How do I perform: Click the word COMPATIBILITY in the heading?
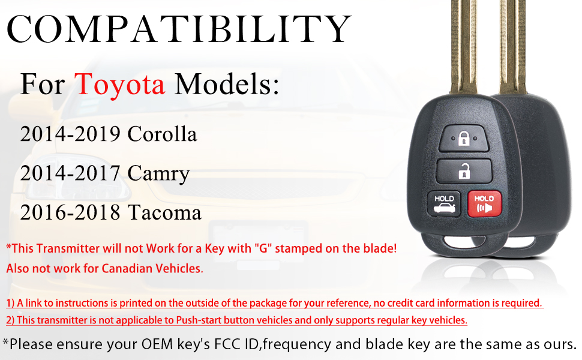(179, 29)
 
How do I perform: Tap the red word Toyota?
(120, 85)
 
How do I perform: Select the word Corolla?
(162, 134)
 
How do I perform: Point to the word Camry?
(158, 173)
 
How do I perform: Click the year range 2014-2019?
(70, 134)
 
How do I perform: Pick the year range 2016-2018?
(70, 212)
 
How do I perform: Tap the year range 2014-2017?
(70, 173)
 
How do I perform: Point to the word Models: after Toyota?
(227, 85)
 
